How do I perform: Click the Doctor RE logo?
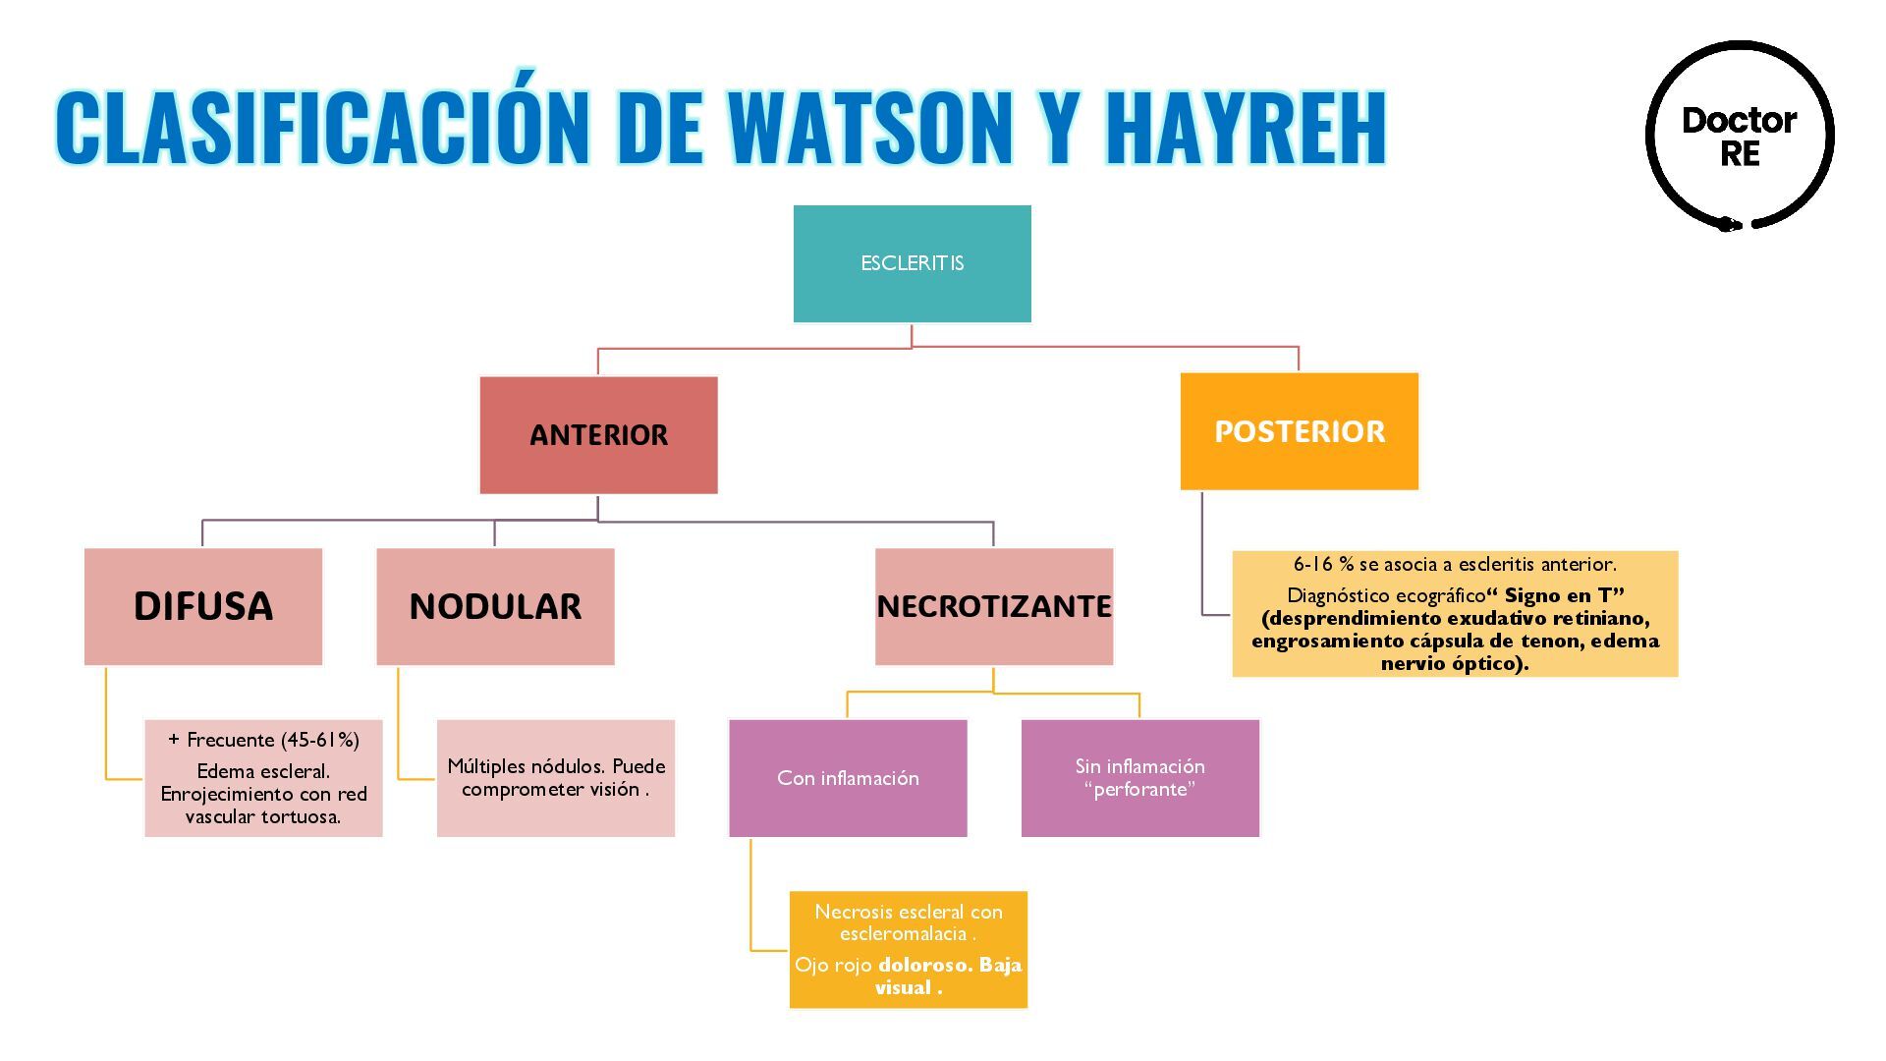coord(1740,137)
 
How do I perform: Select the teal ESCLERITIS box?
coord(912,263)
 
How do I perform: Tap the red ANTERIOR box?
coord(598,435)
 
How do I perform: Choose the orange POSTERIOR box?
coord(1299,431)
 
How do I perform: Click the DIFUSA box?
coord(203,606)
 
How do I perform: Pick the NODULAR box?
coord(495,606)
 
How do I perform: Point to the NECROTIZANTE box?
coord(994,606)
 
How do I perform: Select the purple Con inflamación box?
coord(848,778)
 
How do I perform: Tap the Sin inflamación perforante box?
coord(1139,778)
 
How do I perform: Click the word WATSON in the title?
coord(869,128)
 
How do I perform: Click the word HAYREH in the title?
coord(1245,128)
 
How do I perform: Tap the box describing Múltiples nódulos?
coord(556,778)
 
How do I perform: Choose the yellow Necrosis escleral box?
coord(909,949)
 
